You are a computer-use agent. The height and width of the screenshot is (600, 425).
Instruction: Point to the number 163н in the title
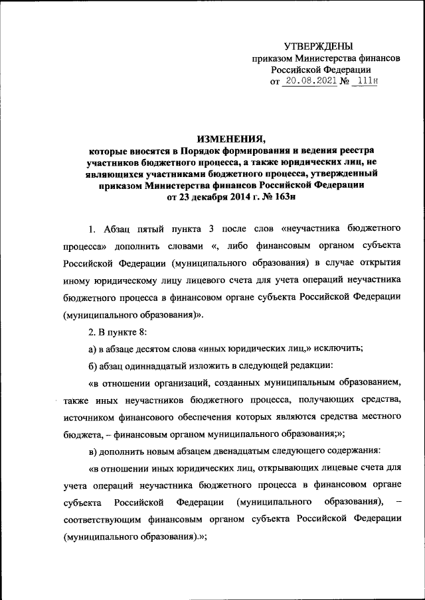[x=287, y=196]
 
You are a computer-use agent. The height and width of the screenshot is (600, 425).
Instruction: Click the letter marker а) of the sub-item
[x=94, y=349]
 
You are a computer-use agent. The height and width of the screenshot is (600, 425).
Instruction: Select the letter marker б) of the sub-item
[x=94, y=366]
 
